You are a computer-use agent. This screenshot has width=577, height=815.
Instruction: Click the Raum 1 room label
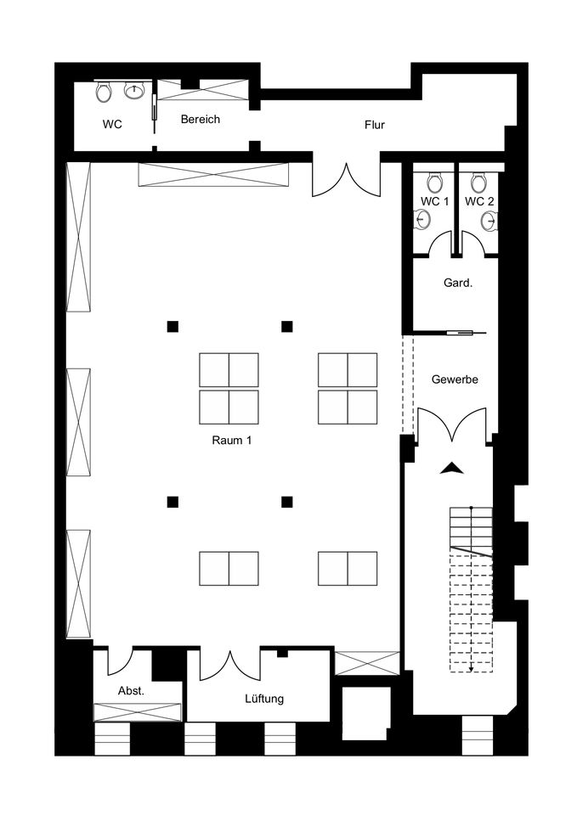tap(231, 441)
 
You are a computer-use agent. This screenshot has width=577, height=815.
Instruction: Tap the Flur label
tap(375, 125)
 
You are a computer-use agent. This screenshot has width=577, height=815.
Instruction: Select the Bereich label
tap(201, 119)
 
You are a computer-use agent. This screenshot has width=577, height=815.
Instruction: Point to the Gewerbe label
tap(455, 379)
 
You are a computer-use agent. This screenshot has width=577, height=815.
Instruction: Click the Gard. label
tap(458, 284)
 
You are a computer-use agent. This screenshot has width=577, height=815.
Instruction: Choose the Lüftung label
tap(264, 698)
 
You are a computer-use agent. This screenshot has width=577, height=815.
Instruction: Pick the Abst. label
tap(131, 691)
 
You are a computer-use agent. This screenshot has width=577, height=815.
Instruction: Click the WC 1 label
tap(434, 202)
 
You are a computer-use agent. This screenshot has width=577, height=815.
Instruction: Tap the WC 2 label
tap(479, 202)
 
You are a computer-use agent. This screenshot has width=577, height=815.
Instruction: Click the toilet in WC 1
tap(434, 183)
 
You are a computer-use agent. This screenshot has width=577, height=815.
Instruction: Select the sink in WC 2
tap(489, 221)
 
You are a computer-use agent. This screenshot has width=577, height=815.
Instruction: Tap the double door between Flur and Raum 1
tap(346, 179)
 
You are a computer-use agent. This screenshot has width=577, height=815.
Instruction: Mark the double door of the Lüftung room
tap(230, 665)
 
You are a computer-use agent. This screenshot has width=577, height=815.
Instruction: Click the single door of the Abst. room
tap(121, 661)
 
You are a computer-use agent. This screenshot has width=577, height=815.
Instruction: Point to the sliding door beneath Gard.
tap(465, 332)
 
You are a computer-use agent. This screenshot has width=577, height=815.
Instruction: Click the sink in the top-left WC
tap(134, 92)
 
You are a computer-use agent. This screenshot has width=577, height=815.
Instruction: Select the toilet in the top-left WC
tap(104, 92)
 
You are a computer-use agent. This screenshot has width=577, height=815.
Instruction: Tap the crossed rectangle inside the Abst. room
tap(138, 711)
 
